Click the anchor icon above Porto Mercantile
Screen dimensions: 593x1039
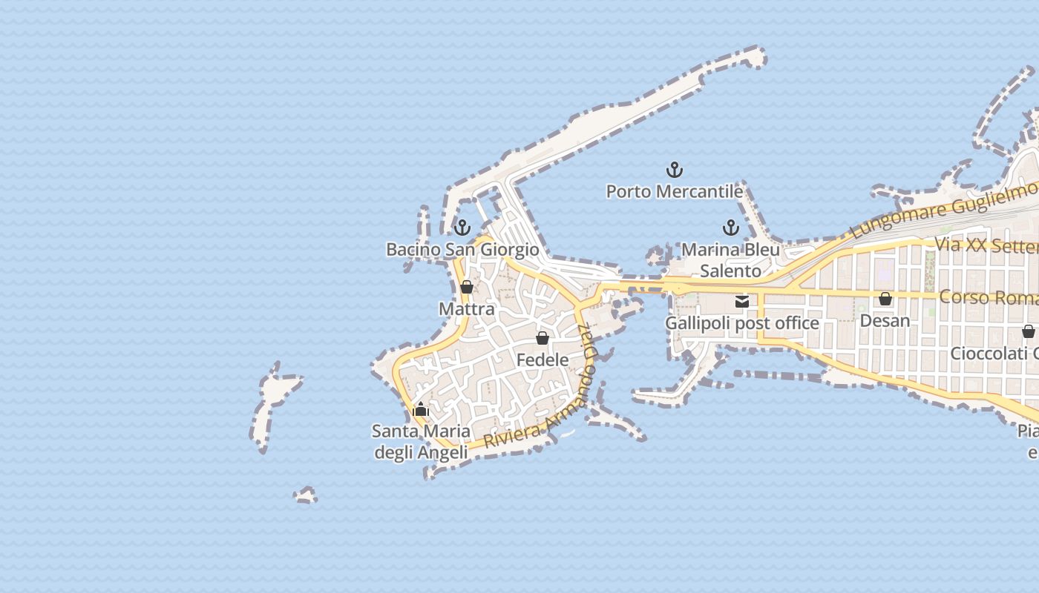[675, 170]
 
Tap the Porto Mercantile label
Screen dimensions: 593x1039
[675, 191]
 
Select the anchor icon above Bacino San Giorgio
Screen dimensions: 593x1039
[462, 228]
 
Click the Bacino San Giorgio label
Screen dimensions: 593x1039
[462, 249]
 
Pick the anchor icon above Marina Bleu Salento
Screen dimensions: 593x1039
[731, 228]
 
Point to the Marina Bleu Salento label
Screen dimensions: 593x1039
[731, 260]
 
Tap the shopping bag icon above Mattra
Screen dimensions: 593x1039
[467, 287]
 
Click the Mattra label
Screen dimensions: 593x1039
[467, 308]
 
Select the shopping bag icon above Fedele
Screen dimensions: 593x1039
[543, 338]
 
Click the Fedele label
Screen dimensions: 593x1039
[543, 360]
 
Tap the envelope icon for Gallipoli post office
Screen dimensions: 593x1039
[742, 301]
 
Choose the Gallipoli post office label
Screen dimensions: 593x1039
[742, 323]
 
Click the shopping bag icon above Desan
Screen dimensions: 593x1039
[885, 299]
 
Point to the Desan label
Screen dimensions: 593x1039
[885, 320]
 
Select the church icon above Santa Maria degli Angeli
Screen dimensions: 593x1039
[421, 409]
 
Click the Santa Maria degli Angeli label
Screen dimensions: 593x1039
[421, 442]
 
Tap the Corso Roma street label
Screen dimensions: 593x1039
[988, 297]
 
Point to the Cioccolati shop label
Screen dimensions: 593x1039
[994, 353]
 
